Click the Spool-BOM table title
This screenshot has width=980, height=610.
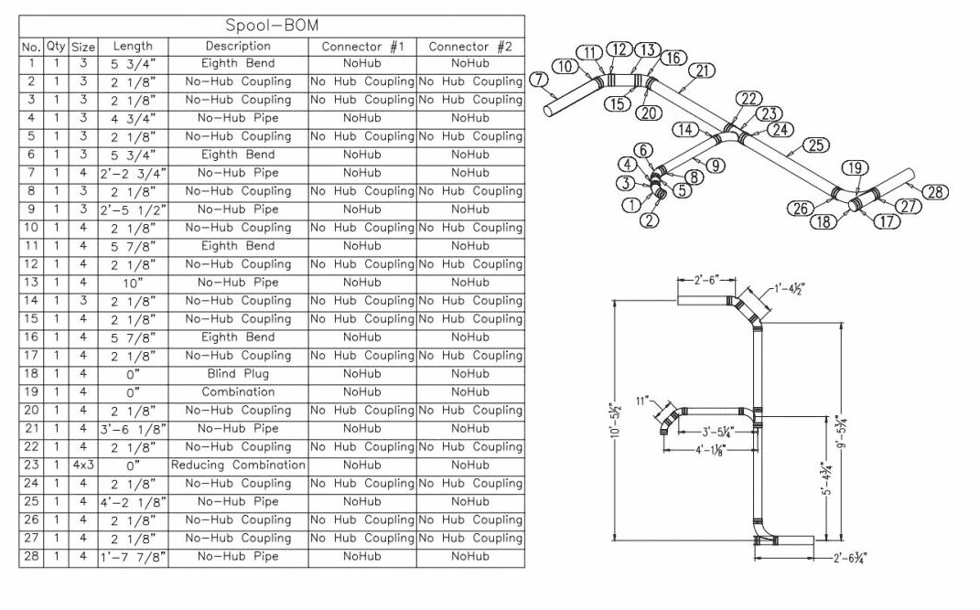tap(272, 26)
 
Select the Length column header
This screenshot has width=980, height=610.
tap(133, 47)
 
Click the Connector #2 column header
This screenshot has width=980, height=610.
tap(470, 47)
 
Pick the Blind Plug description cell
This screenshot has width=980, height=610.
tap(238, 374)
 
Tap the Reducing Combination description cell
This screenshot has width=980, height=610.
tap(238, 466)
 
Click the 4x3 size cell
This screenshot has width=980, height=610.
tap(83, 466)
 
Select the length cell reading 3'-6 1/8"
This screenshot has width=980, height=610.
tap(133, 429)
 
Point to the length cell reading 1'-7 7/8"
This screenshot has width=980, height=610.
tap(133, 557)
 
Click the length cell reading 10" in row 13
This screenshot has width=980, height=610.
tap(133, 283)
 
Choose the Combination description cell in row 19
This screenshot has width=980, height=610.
tap(238, 392)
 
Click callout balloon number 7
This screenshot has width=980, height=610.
tap(539, 80)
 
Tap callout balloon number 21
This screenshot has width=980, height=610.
tap(703, 70)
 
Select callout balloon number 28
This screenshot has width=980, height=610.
tap(935, 192)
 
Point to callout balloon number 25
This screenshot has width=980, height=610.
tap(815, 144)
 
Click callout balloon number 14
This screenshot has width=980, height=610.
tap(685, 129)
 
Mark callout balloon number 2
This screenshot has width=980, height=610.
tap(650, 219)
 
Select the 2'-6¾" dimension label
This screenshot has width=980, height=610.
tap(850, 558)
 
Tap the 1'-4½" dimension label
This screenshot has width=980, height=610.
tap(790, 289)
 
